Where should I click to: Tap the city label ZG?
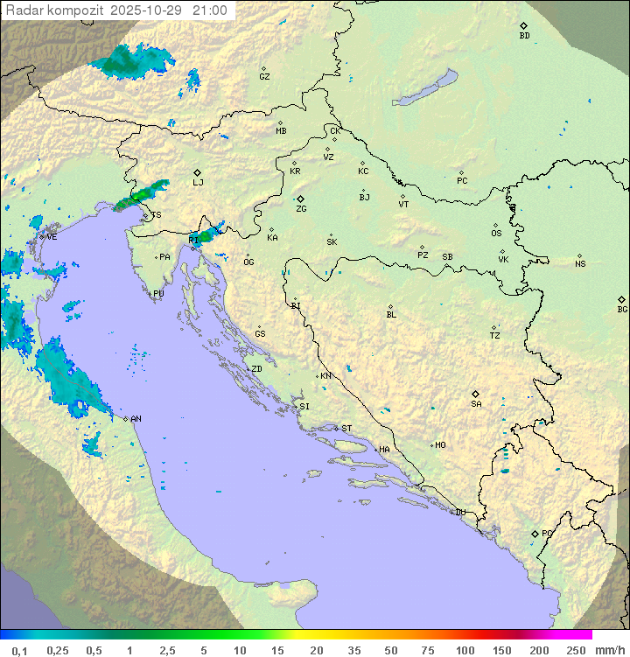[301, 209]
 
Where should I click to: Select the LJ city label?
[198, 183]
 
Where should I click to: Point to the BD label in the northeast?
[524, 36]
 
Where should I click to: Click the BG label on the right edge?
[622, 309]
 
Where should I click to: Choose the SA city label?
[476, 403]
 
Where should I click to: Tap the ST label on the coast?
[346, 429]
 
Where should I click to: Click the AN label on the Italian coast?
[136, 419]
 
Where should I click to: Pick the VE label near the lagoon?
[52, 237]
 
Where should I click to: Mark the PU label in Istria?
[158, 294]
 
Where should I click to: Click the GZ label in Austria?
[264, 77]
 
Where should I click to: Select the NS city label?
[580, 264]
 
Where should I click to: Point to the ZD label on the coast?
[256, 369]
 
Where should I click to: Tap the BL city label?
[391, 314]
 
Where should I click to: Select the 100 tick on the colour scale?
[465, 650]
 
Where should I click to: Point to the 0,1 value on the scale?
[18, 650]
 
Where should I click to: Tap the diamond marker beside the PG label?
[535, 533]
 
